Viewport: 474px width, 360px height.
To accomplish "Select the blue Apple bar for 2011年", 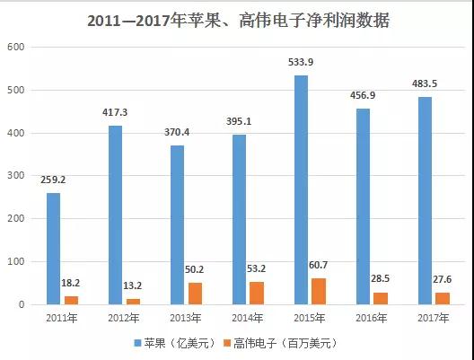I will (53, 249).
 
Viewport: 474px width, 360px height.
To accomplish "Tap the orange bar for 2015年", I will (319, 292).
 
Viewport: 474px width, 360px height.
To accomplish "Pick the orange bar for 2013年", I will (195, 294).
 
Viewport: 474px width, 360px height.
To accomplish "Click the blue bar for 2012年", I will (115, 215).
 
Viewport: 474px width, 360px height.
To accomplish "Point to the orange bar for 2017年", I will (443, 298).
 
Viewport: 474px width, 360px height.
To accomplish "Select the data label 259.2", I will (53, 180).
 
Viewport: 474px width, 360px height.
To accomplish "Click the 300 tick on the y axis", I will (18, 176).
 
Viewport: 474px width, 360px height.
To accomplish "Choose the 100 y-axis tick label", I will (18, 262).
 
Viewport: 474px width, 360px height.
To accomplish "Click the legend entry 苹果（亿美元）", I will (176, 343).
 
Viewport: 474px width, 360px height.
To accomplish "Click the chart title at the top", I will (237, 19).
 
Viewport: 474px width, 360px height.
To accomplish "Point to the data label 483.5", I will (425, 84).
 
